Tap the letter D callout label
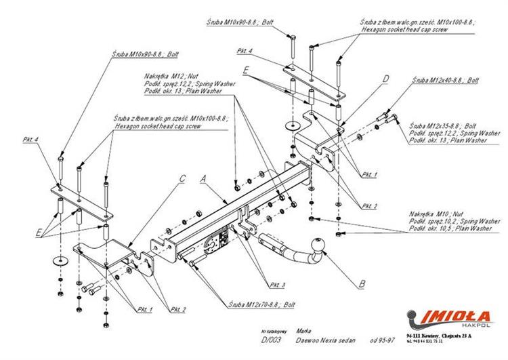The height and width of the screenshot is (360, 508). pos(385,79)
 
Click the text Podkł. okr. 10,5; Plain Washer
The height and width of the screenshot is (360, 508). pos(450,228)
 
